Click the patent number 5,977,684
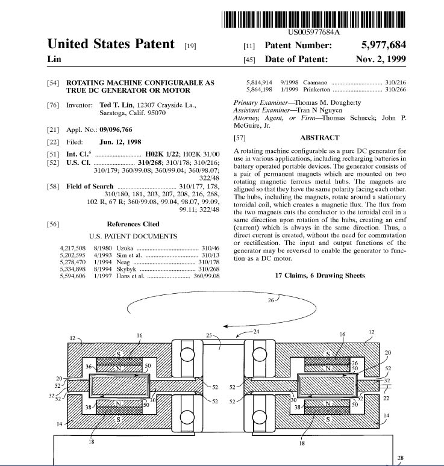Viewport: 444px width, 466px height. tap(383, 45)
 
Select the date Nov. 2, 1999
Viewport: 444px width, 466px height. tap(381, 59)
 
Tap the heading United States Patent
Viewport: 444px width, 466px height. tap(111, 44)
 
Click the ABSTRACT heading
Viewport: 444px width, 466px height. tap(317, 138)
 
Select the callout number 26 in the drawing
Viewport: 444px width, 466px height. tap(272, 299)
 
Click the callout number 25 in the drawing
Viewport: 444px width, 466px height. tap(209, 335)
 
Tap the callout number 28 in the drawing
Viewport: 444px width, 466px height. tap(401, 458)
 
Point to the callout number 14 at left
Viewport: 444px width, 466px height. tap(60, 424)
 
